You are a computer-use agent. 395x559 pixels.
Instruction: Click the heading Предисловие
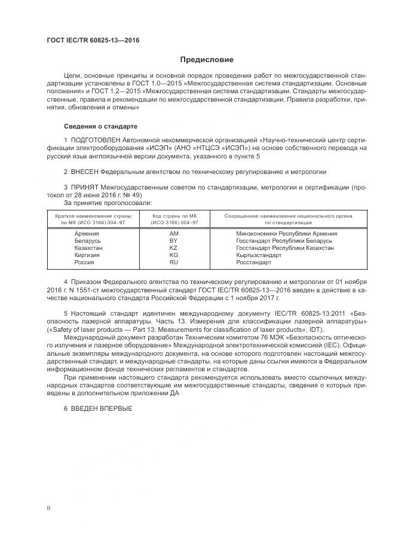pos(207,60)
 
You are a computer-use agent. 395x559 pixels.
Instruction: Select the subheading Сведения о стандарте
pos(100,127)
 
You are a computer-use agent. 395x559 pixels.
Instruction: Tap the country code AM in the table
pos(174,233)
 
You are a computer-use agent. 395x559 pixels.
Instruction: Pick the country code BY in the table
pos(174,240)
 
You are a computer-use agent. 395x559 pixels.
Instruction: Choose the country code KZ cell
pos(174,248)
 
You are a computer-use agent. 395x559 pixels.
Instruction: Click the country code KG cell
pos(174,255)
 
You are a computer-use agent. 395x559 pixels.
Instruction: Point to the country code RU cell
pos(174,262)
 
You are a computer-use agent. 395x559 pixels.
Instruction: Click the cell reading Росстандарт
pos(254,262)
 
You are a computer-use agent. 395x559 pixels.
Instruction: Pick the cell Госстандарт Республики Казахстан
pos(284,248)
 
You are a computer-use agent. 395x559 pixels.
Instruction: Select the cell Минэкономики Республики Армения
pos(287,233)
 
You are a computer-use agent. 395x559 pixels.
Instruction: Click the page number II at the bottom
pos(48,508)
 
